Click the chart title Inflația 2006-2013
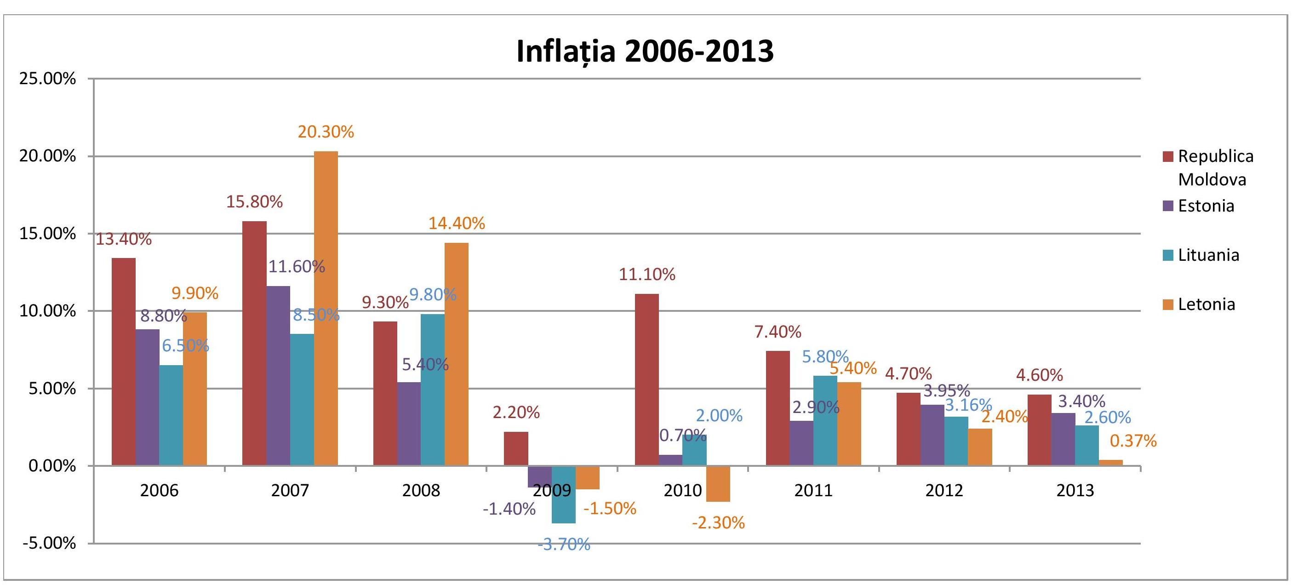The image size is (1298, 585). coord(645,51)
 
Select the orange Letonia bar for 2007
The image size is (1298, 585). coord(326,309)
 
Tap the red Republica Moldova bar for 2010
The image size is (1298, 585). coord(647,380)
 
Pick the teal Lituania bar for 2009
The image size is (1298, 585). coord(564,495)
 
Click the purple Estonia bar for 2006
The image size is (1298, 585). coord(147,397)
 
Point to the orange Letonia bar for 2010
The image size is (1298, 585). coord(718,484)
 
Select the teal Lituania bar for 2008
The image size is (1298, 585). coord(433,390)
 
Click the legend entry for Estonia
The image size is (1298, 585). coord(1199,206)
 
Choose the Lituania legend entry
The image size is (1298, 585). coord(1201,255)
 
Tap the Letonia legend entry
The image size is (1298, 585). coord(1199,304)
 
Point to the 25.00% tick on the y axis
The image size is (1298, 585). coord(48,79)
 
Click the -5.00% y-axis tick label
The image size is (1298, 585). coord(49,543)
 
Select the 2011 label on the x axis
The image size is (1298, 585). coord(813,490)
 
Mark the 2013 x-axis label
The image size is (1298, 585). coord(1075,490)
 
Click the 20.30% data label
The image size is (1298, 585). coord(326,132)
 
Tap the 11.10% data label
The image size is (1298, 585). coord(647,274)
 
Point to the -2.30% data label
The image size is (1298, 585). coord(718,522)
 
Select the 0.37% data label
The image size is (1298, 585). coord(1133,441)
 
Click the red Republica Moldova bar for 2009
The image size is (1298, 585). coord(516,449)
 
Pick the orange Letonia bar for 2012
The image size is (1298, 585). coord(980,447)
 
